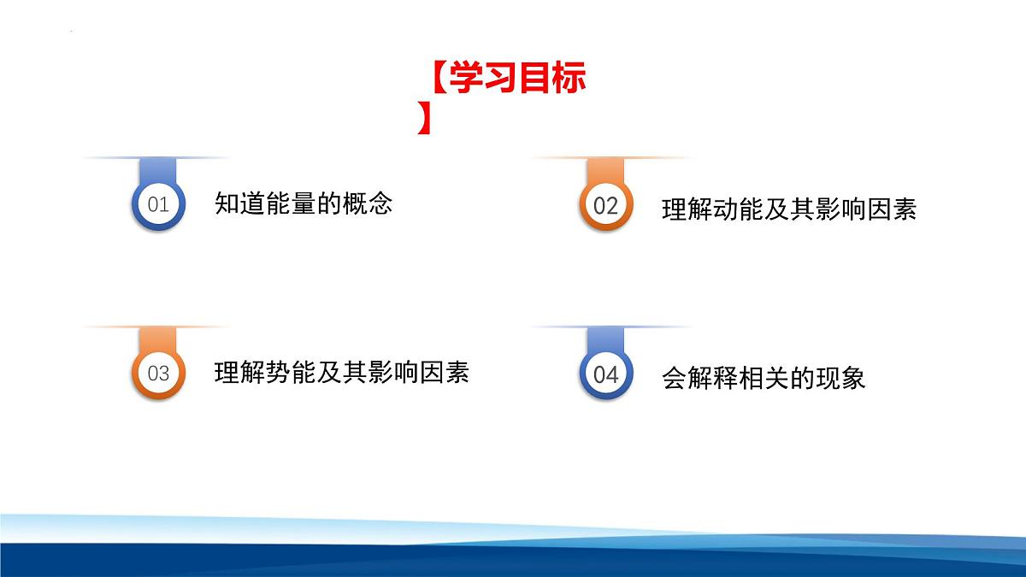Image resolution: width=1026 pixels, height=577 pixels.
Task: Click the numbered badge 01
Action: (158, 205)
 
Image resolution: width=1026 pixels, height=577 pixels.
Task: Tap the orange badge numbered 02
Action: (605, 206)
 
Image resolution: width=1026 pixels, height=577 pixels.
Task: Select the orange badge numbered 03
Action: (158, 374)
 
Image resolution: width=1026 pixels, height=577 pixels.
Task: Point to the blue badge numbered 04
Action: (605, 374)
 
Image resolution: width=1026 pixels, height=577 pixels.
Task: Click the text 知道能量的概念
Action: (304, 203)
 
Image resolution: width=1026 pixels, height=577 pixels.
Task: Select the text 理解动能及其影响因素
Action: (788, 209)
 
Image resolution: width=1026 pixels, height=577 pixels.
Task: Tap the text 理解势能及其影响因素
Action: (341, 373)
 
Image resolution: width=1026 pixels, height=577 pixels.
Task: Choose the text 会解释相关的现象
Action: (764, 378)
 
